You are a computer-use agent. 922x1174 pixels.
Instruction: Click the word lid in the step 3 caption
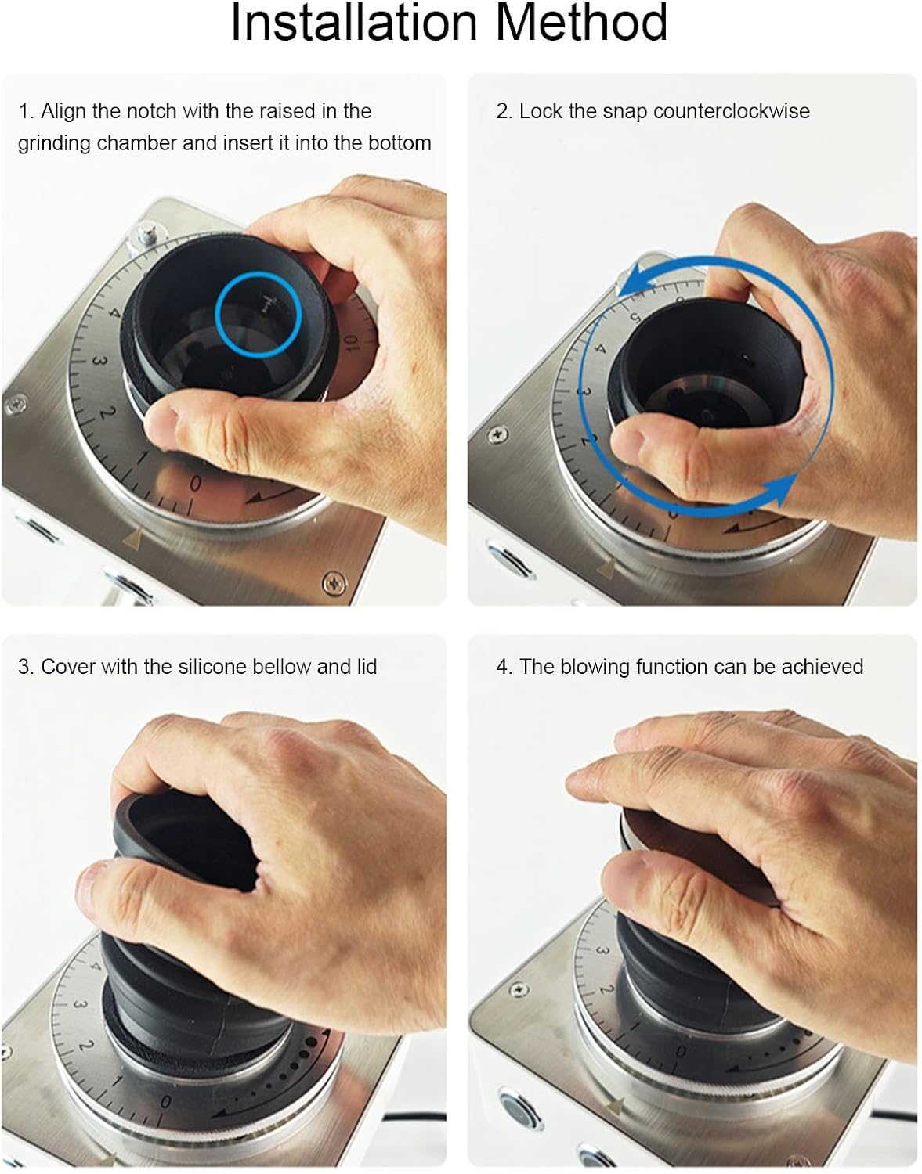tap(367, 667)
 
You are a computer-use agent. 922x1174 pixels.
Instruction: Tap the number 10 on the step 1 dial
tap(349, 341)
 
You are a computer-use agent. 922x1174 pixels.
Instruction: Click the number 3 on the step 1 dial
tap(98, 362)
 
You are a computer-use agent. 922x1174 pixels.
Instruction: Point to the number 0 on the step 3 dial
tap(165, 1101)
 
